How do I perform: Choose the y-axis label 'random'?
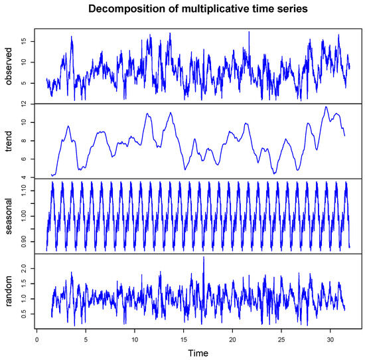coord(9,291)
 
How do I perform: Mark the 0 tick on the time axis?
coord(36,338)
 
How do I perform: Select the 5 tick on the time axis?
coord(86,338)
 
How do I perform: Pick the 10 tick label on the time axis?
coord(135,338)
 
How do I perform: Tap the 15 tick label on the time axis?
coord(184,338)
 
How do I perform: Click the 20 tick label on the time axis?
coord(233,338)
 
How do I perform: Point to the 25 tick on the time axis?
coord(281,338)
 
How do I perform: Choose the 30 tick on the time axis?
coord(330,338)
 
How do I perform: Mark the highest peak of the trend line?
coord(325,106)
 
